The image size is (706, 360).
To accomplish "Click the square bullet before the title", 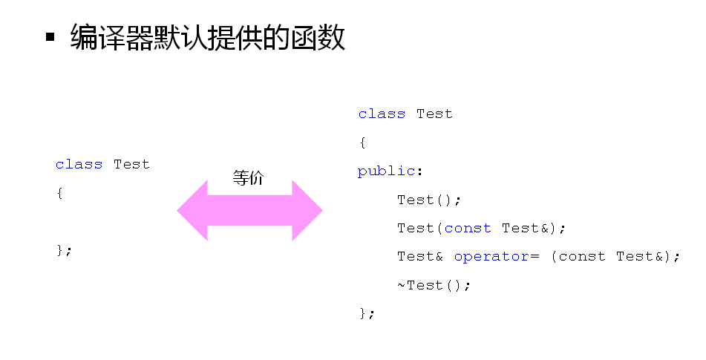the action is point(50,36).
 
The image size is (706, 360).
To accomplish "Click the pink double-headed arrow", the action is point(249,210).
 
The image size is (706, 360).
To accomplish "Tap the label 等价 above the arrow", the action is point(248,177).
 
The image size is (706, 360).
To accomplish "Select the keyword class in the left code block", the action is point(79,164).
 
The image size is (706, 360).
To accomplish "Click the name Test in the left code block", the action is point(131,164).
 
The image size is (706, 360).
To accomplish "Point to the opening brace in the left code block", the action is point(59,193).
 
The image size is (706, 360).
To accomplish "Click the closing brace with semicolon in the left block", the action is point(64,249).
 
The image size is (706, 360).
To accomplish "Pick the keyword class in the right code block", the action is point(382,114).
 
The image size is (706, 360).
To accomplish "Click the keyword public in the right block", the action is point(386,171).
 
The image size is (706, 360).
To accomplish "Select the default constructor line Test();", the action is point(429,200).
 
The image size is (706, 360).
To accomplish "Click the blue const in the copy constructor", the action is point(468,228).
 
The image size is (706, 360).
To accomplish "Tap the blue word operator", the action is point(491,257).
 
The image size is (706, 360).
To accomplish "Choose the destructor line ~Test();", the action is point(434,285).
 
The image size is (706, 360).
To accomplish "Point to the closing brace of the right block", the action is point(367,313).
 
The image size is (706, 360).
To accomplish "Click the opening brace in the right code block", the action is point(362,143).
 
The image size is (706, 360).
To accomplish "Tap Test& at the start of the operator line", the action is point(420,257).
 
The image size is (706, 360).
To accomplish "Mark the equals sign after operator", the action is point(535,257).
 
